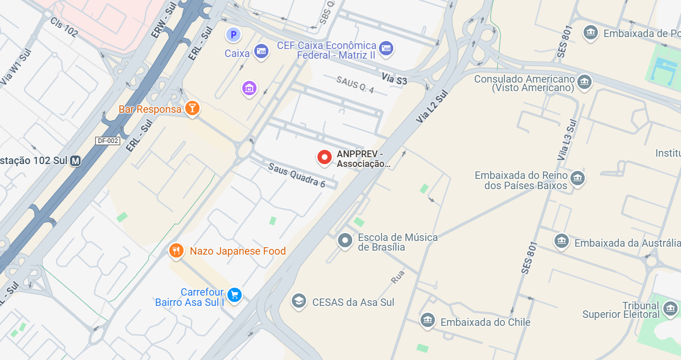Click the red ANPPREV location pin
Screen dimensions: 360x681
(x=324, y=157)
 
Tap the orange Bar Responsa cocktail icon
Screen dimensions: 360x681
(x=193, y=108)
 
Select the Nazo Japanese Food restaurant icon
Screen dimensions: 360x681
(x=176, y=250)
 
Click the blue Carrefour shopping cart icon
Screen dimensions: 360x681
(x=234, y=294)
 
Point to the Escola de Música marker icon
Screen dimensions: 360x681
(x=345, y=240)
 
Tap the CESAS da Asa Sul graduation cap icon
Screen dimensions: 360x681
(x=298, y=301)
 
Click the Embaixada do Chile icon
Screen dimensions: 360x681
(x=428, y=321)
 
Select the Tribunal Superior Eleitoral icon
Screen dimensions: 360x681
(x=671, y=309)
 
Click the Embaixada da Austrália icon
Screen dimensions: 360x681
(x=562, y=241)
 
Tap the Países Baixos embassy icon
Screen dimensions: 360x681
(x=578, y=178)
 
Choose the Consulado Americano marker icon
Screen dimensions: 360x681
(x=584, y=82)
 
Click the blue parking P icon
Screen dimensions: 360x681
(x=233, y=35)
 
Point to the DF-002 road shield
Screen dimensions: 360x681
(x=108, y=141)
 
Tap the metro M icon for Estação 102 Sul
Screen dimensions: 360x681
(x=75, y=161)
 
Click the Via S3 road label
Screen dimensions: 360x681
(x=394, y=79)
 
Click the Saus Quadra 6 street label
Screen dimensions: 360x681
(x=296, y=176)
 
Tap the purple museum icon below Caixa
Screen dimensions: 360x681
(x=249, y=88)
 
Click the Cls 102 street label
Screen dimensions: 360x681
(x=64, y=27)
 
